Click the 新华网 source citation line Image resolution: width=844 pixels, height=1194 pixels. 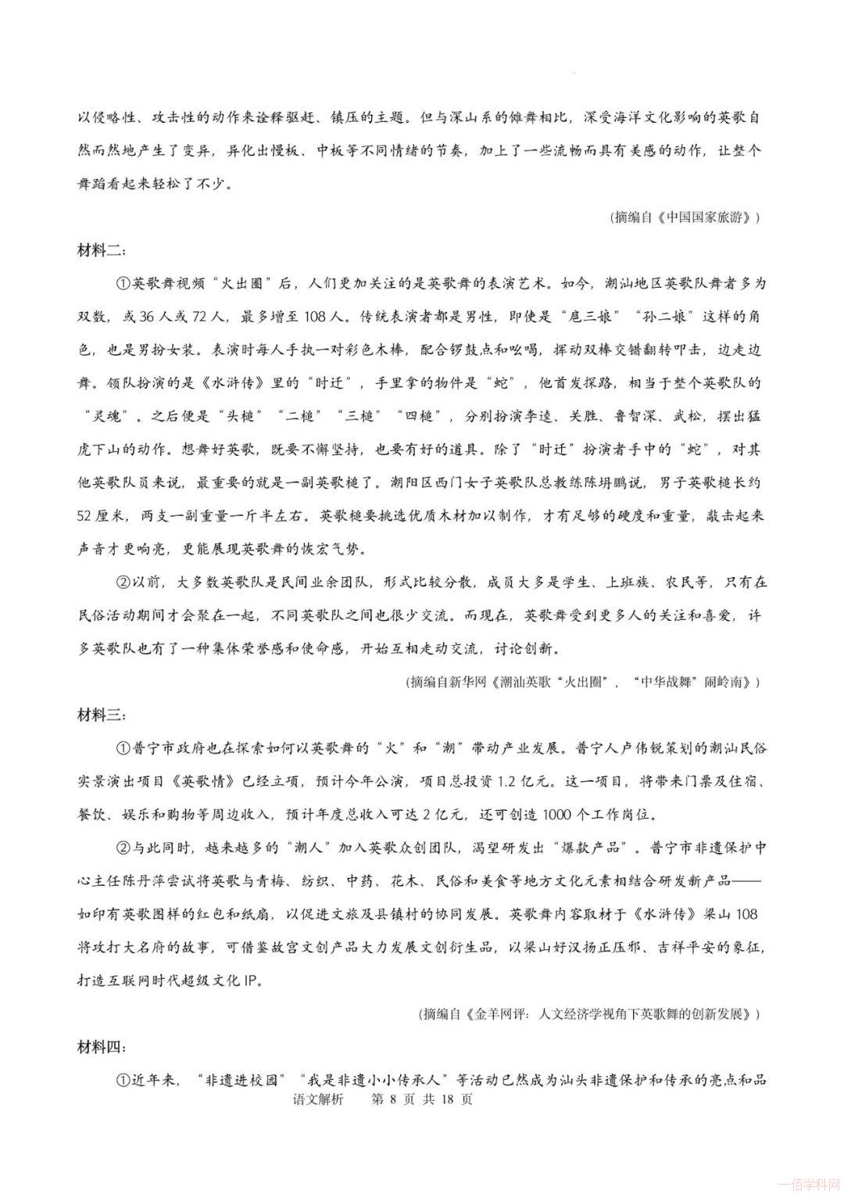(581, 682)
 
